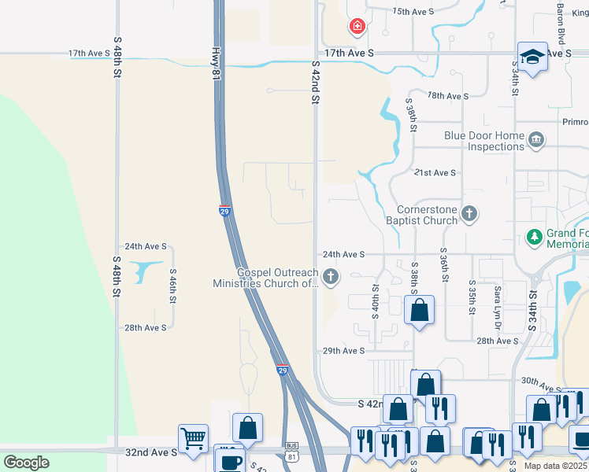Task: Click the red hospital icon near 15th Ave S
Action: pos(357,28)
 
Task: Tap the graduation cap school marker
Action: pos(532,57)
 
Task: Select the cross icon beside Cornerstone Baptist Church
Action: pos(469,213)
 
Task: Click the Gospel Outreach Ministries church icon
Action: pos(331,276)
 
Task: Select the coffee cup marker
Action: pos(230,460)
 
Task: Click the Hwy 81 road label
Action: pos(214,62)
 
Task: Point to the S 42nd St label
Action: pos(315,83)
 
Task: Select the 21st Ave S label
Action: pos(434,172)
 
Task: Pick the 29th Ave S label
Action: pos(343,351)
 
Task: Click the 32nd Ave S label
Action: pos(151,452)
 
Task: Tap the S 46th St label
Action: pos(172,285)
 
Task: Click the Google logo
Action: pos(26,463)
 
